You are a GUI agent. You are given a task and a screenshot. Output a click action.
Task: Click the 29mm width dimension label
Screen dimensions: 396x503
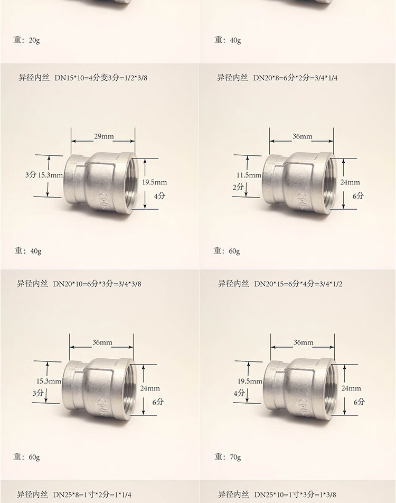104,136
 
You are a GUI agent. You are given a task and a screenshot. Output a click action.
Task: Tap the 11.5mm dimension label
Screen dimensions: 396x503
249,175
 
